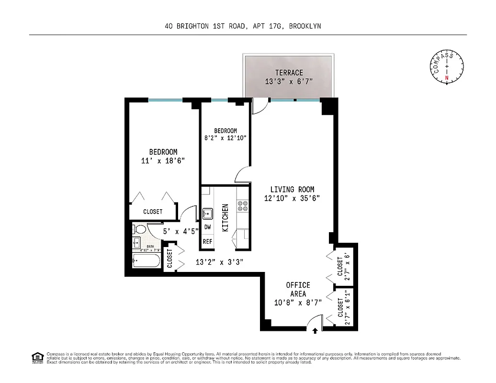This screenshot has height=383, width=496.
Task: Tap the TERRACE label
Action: pyautogui.click(x=289, y=73)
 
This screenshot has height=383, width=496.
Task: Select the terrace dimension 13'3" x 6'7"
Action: pyautogui.click(x=289, y=81)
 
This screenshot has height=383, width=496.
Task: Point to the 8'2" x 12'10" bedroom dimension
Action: pyautogui.click(x=225, y=139)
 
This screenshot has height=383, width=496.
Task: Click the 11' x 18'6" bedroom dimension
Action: pyautogui.click(x=163, y=161)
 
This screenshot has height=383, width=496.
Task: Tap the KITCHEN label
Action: pyautogui.click(x=225, y=218)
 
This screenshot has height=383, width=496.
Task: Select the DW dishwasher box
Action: pyautogui.click(x=207, y=227)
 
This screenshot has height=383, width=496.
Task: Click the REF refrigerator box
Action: pyautogui.click(x=207, y=241)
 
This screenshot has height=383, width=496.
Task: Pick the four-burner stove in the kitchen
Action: pyautogui.click(x=243, y=206)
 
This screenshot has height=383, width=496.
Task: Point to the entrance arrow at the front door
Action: pyautogui.click(x=315, y=330)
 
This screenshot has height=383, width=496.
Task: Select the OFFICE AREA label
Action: pyautogui.click(x=298, y=290)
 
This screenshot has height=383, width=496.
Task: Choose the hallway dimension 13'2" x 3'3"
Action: pyautogui.click(x=220, y=262)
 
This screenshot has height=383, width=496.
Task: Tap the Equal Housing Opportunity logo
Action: pyautogui.click(x=36, y=357)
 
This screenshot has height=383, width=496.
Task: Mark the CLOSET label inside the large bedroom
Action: pyautogui.click(x=153, y=211)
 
